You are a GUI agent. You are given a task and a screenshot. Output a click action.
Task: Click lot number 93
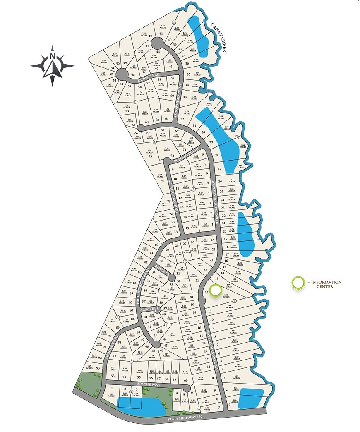point(98,368)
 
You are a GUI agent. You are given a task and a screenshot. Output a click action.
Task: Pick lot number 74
point(162,181)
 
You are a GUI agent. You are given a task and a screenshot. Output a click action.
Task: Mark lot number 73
point(151,156)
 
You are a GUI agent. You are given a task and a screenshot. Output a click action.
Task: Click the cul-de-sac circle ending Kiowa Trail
point(122,74)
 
